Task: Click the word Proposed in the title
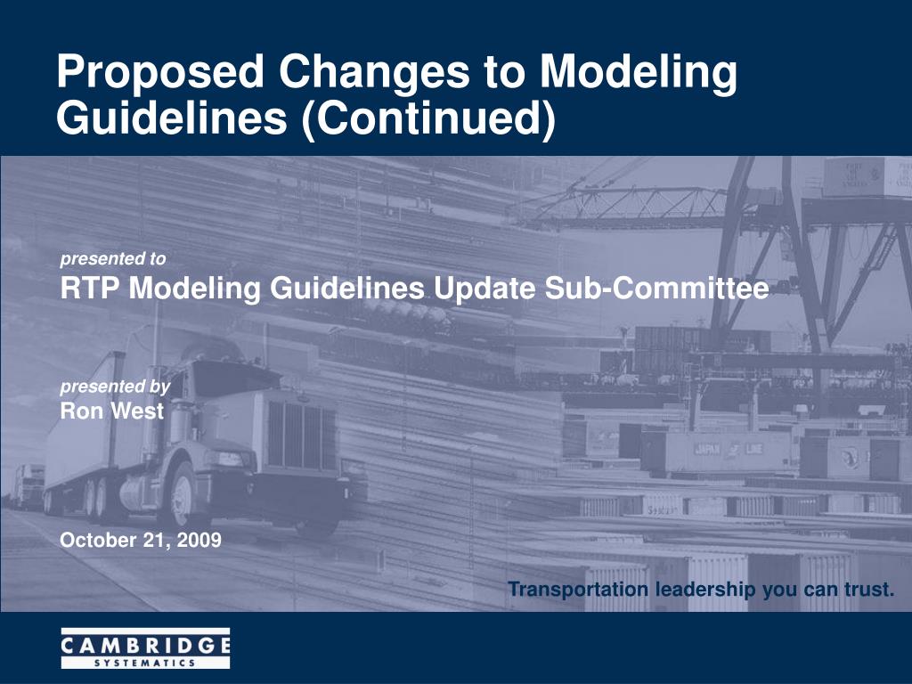coord(160,72)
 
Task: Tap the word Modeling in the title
coord(639,72)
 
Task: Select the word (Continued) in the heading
coord(428,118)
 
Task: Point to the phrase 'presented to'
coord(113,259)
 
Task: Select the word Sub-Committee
coord(656,289)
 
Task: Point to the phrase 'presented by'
coord(115,387)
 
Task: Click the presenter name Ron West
coord(111,411)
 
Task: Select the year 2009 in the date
coord(199,541)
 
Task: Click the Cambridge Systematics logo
coord(145,648)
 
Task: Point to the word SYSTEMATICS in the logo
coord(145,663)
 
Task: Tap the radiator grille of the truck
coord(301,434)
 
